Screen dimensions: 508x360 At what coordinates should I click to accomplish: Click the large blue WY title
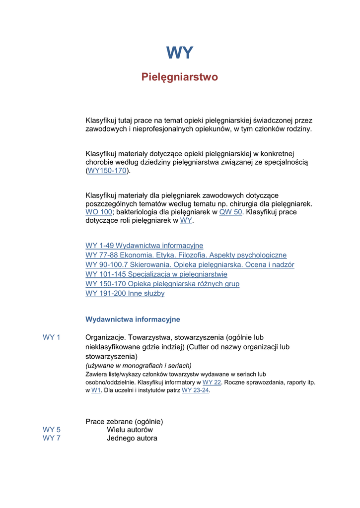[180, 53]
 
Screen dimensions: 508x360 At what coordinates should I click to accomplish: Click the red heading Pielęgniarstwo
[180, 77]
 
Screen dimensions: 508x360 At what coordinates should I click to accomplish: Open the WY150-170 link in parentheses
[107, 171]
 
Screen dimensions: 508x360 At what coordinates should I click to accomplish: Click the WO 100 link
[98, 212]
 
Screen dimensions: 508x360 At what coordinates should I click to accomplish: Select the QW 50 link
[230, 212]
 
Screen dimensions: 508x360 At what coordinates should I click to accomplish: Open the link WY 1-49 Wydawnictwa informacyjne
[144, 246]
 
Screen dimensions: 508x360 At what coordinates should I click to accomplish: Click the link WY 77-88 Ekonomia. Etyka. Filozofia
[186, 255]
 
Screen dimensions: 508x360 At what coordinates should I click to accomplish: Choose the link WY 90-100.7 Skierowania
[190, 265]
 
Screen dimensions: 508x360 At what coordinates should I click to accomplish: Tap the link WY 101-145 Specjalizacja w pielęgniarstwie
[156, 274]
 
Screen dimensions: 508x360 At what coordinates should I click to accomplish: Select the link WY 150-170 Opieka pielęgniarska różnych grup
[162, 284]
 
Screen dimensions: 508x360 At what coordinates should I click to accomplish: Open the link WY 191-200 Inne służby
[125, 293]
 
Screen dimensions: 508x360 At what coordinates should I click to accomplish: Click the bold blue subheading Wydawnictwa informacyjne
[133, 319]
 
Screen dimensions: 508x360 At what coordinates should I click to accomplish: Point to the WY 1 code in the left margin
[52, 338]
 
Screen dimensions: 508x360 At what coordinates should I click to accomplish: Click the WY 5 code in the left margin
[52, 430]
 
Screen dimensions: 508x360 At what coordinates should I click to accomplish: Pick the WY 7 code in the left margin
[52, 439]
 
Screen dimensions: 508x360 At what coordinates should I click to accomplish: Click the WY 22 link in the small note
[212, 382]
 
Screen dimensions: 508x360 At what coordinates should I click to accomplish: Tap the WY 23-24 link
[195, 390]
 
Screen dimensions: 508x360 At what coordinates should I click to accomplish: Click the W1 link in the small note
[96, 390]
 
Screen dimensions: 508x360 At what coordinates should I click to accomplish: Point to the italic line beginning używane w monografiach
[139, 366]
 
